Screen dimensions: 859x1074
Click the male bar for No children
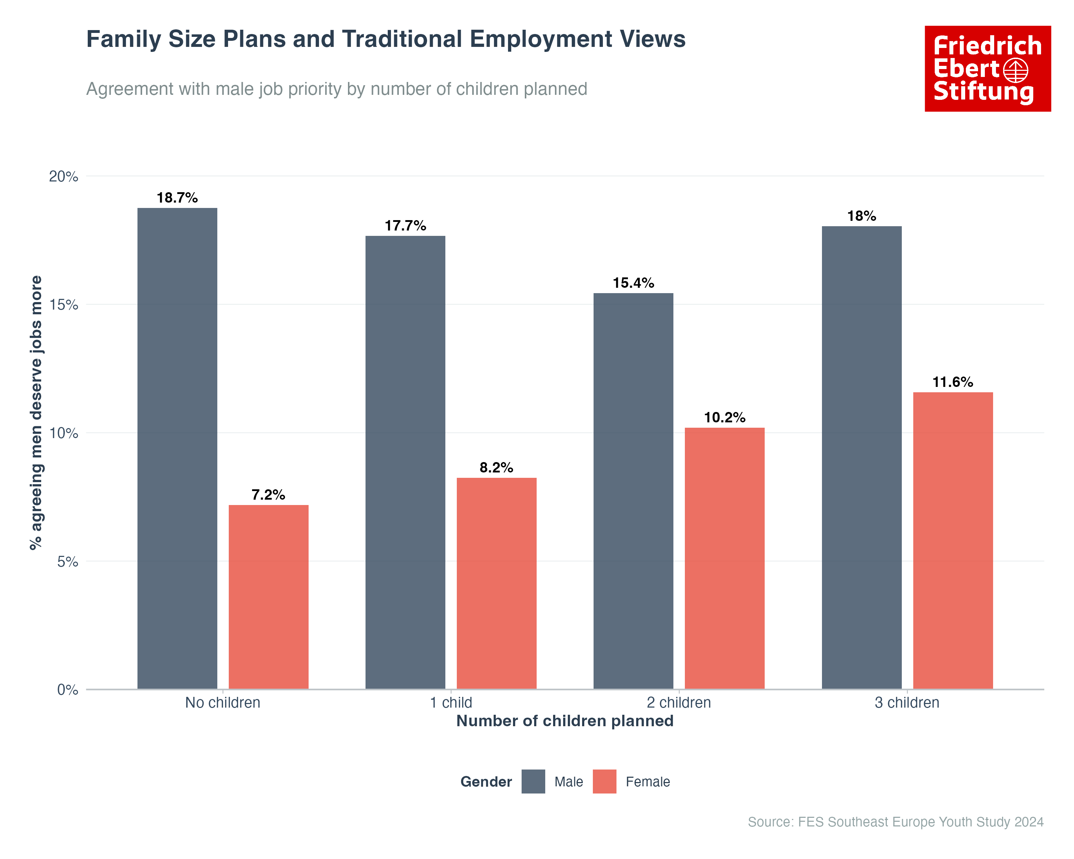pyautogui.click(x=177, y=448)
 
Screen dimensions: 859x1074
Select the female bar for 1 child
pyautogui.click(x=496, y=583)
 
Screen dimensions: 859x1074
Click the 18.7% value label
pyautogui.click(x=177, y=198)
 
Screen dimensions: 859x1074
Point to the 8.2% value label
pyautogui.click(x=496, y=467)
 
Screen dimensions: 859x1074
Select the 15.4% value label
pyautogui.click(x=633, y=283)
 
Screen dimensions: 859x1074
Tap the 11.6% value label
pyautogui.click(x=952, y=382)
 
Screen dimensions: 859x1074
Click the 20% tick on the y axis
pyautogui.click(x=64, y=176)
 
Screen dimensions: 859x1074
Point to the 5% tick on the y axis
pyautogui.click(x=67, y=562)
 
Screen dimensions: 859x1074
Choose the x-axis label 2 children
pyautogui.click(x=678, y=703)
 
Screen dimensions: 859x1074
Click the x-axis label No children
pyautogui.click(x=223, y=703)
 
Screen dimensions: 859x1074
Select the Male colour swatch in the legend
pyautogui.click(x=533, y=781)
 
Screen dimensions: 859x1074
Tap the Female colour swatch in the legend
pyautogui.click(x=604, y=781)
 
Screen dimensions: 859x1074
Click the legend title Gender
pyautogui.click(x=486, y=782)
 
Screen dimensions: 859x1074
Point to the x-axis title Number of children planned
pyautogui.click(x=565, y=721)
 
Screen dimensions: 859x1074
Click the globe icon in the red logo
pyautogui.click(x=1015, y=70)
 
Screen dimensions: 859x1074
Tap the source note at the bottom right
pyautogui.click(x=895, y=822)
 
